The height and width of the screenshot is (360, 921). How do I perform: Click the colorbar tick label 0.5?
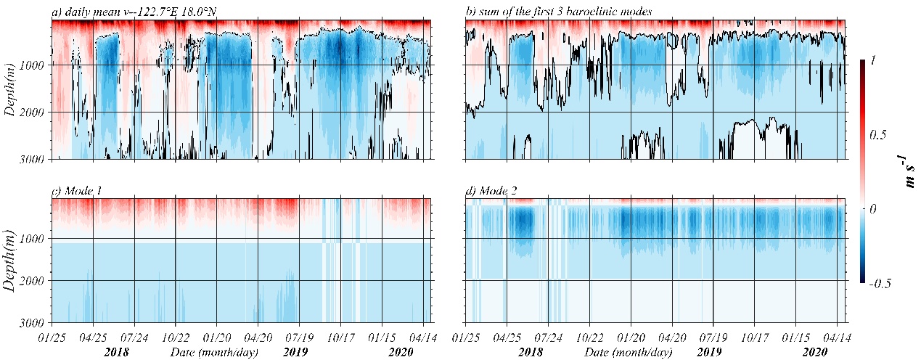[878, 135]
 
